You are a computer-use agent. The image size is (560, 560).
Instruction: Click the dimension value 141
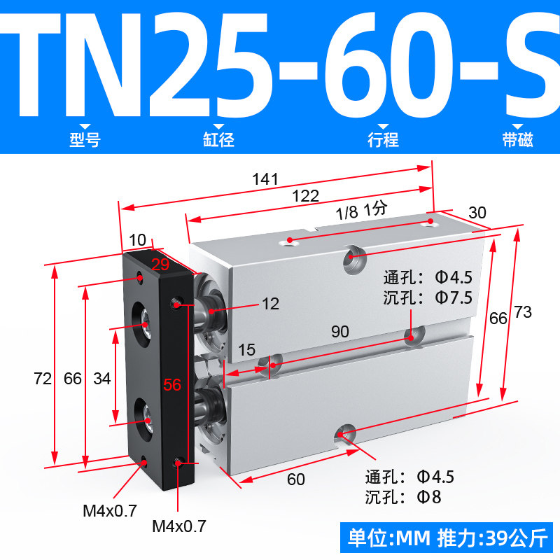pos(265,179)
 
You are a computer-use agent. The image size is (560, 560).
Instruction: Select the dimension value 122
pos(305,196)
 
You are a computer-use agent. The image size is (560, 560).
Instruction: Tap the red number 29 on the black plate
pos(160,265)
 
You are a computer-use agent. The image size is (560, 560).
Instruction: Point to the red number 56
pos(172,384)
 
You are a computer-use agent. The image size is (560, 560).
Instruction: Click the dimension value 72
pos(43,379)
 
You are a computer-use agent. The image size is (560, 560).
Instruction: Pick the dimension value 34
pos(102,379)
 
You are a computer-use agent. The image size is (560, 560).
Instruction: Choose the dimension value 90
pos(340,332)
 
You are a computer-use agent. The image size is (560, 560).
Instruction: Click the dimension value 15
pos(247,350)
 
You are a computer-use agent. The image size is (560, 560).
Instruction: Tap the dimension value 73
pos(523,312)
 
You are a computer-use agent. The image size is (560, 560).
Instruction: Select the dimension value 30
pos(477,213)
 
